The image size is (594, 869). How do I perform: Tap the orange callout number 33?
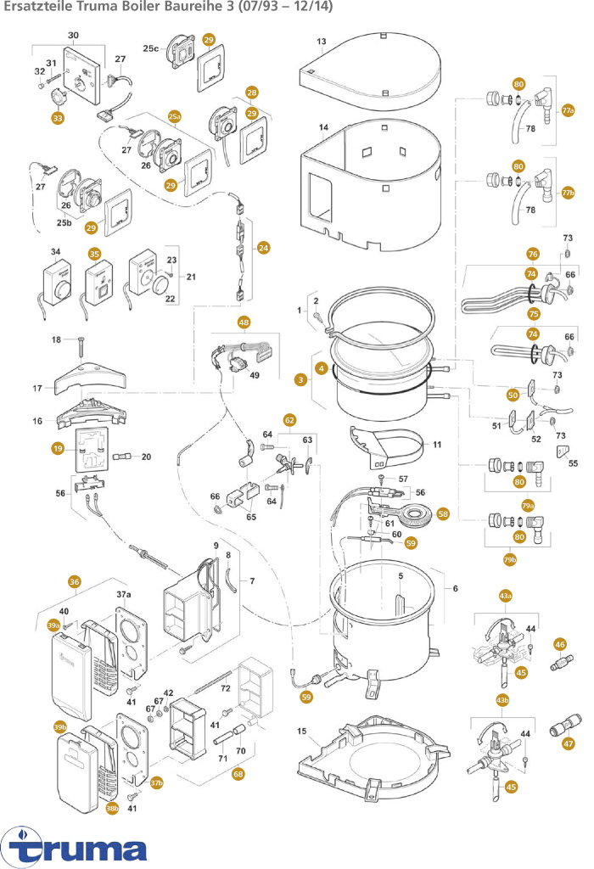(58, 118)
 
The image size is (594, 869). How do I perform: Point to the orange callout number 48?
(244, 322)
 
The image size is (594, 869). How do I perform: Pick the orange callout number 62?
(289, 419)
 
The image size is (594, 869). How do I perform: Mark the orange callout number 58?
(443, 513)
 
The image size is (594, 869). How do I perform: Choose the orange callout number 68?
(238, 774)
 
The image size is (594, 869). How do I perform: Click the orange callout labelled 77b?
(569, 193)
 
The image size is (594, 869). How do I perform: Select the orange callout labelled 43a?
(505, 597)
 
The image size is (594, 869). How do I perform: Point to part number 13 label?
(322, 42)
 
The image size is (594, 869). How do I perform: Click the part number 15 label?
(302, 731)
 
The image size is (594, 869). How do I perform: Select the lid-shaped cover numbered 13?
(373, 72)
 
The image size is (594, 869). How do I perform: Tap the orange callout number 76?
(533, 254)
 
